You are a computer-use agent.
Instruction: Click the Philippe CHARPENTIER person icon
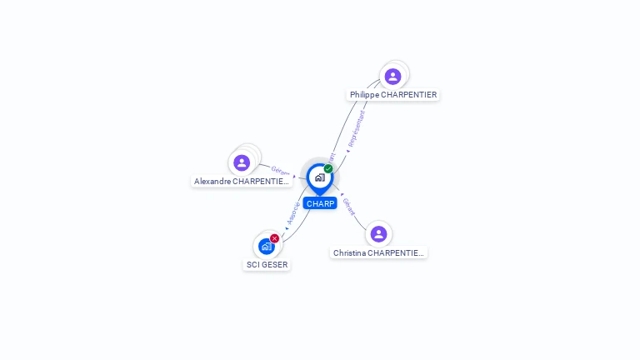coord(392,77)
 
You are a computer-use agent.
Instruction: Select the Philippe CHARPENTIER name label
coord(393,95)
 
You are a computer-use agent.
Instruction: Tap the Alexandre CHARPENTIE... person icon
coord(242,162)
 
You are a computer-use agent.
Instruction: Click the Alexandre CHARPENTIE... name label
coord(242,181)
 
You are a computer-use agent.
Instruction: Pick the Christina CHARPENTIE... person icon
coord(378,234)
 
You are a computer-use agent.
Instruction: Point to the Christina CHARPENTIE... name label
coord(378,252)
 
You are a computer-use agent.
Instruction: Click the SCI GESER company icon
coord(266,247)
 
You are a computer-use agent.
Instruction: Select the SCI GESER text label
coord(267,265)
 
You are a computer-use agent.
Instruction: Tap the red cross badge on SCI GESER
coord(275,238)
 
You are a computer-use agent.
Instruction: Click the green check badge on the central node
coord(328,168)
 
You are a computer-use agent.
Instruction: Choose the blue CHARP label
coord(320,203)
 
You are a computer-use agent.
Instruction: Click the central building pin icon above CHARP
coord(319,177)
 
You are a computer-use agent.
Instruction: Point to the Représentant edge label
coord(356,129)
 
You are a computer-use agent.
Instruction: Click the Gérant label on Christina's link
coord(348,207)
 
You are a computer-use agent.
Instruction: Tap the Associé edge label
coord(292,213)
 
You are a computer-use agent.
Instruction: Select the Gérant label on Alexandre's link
coord(281,171)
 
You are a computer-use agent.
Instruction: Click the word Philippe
coord(364,95)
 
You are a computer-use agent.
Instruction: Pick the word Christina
coord(352,252)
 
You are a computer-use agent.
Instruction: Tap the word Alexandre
coord(212,181)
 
